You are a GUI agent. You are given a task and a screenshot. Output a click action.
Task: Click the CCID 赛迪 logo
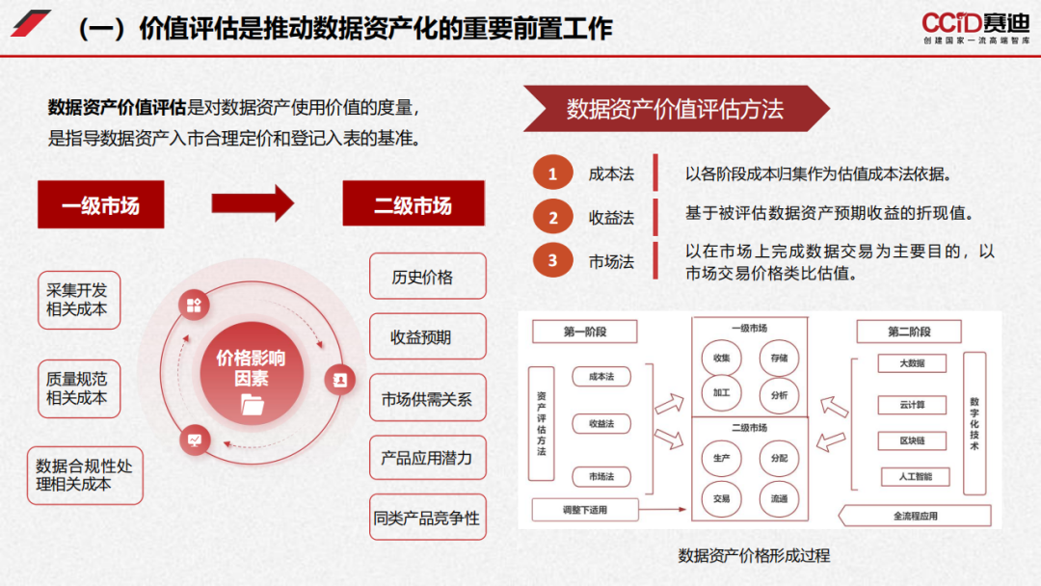974,26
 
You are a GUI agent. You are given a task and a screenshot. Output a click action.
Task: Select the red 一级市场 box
100,205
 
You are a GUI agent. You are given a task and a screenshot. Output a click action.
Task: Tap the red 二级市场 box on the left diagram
413,205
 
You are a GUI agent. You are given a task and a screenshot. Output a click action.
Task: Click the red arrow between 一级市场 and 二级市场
253,203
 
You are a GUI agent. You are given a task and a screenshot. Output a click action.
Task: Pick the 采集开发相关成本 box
77,300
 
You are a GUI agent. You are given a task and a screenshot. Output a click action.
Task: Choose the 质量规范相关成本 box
77,388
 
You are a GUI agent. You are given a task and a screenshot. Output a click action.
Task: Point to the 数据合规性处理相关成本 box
84,475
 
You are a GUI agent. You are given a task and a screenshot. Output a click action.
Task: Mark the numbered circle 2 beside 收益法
552,218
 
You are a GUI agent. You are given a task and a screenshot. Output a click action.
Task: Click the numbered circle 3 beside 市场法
552,260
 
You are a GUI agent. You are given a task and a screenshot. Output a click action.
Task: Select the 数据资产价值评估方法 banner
675,109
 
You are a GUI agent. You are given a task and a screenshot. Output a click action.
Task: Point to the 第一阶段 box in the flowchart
585,332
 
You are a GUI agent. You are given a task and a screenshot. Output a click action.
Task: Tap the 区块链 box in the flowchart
912,440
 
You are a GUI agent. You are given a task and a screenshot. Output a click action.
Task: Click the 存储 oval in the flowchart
779,358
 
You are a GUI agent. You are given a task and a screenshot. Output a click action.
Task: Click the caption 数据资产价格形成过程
754,555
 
